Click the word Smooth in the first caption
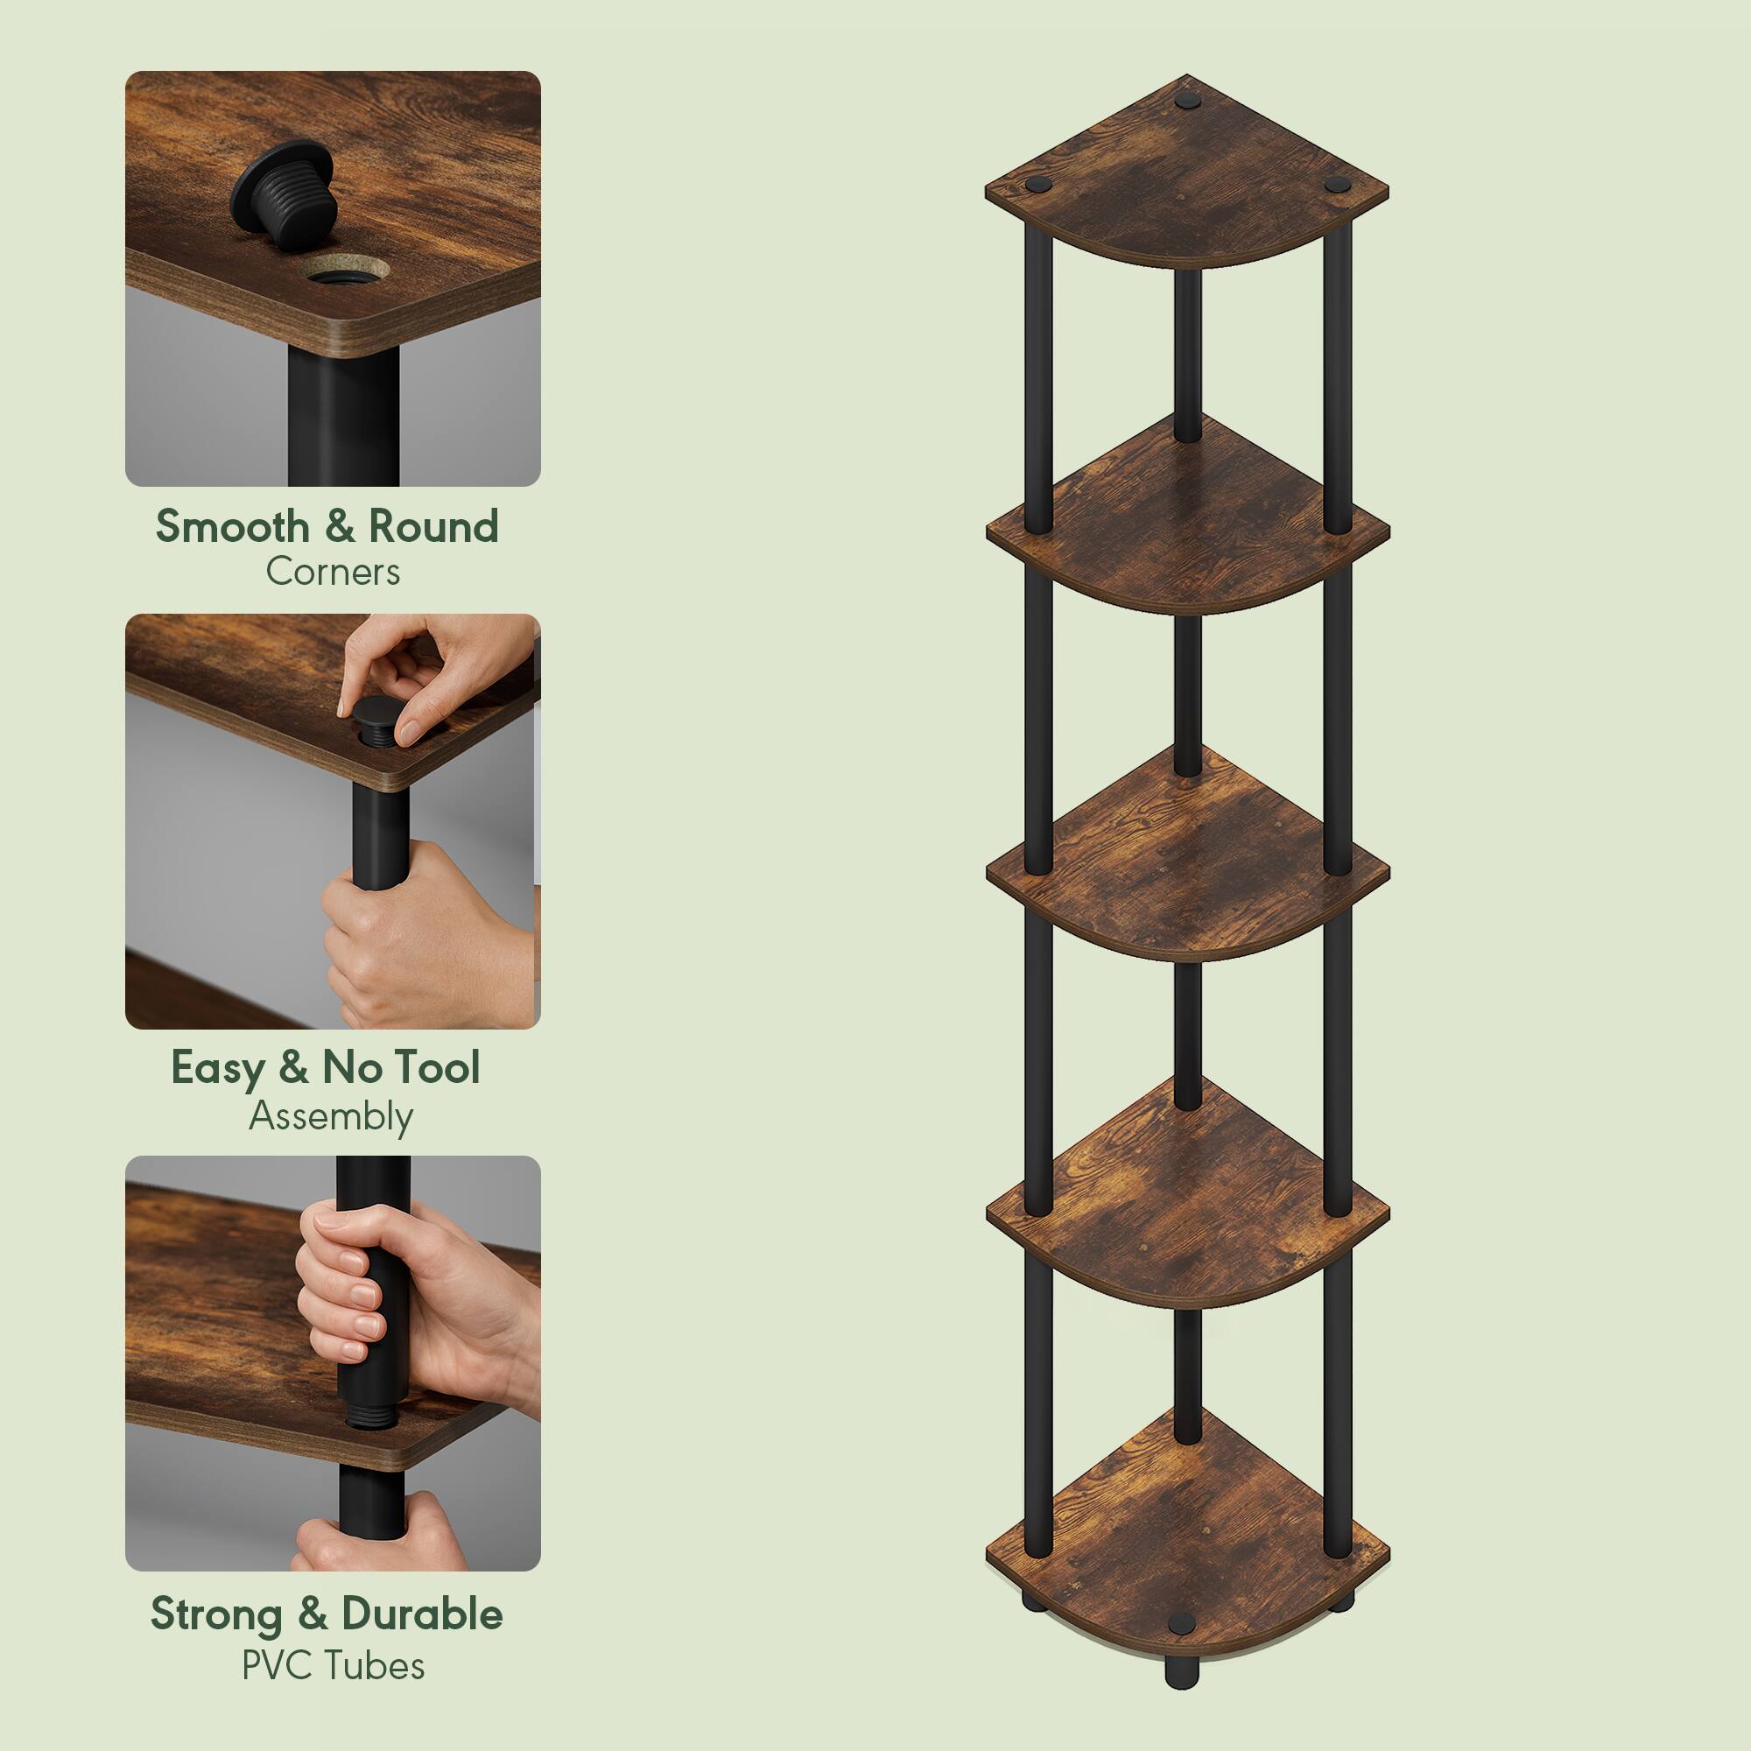click(232, 525)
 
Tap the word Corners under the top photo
click(333, 572)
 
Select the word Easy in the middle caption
click(216, 1067)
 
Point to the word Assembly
click(331, 1116)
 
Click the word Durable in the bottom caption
click(421, 1614)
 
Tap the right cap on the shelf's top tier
click(1333, 185)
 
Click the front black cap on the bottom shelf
click(1182, 1621)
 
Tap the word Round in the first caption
click(433, 525)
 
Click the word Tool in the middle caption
click(436, 1067)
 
